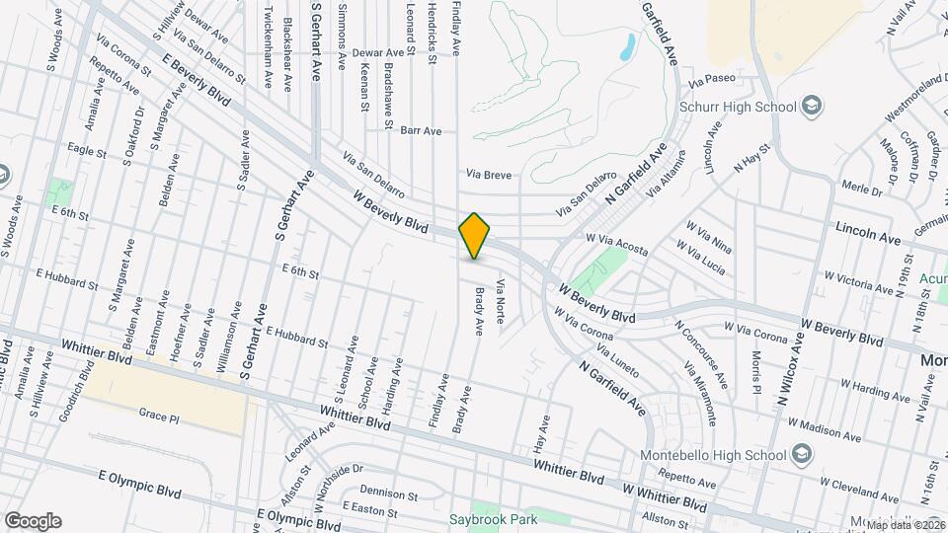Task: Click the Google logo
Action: [x=33, y=520]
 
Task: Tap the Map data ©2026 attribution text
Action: [x=906, y=524]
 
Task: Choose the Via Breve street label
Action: [x=489, y=174]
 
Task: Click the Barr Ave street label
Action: [x=421, y=130]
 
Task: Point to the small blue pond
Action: [x=627, y=45]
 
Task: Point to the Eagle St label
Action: [x=87, y=151]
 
